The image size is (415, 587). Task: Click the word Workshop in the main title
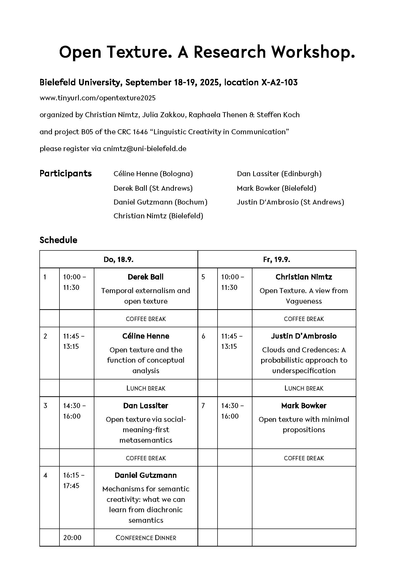pos(313,52)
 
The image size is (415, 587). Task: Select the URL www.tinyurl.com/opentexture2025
pos(97,98)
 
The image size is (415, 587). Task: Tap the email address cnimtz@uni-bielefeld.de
pos(145,149)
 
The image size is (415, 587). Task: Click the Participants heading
pos(65,174)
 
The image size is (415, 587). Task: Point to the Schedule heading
pos(58,240)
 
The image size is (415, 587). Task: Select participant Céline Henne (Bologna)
pos(153,174)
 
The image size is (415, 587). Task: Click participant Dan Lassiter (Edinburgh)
pos(279,174)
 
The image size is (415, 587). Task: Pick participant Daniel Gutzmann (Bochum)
pos(160,202)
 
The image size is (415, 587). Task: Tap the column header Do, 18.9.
pos(118,260)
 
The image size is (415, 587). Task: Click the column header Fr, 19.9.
pos(276,260)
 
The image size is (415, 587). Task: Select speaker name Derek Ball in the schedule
pos(146,277)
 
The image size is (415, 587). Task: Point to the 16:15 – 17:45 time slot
pos(74,480)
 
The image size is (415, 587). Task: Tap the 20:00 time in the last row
pos(72,538)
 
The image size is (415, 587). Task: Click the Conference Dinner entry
pos(146,538)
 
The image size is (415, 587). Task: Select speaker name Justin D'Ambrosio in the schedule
pos(304,336)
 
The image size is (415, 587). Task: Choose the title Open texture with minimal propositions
pos(304,425)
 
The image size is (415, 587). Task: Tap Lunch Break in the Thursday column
pos(146,388)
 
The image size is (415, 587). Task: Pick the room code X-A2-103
pos(279,82)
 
